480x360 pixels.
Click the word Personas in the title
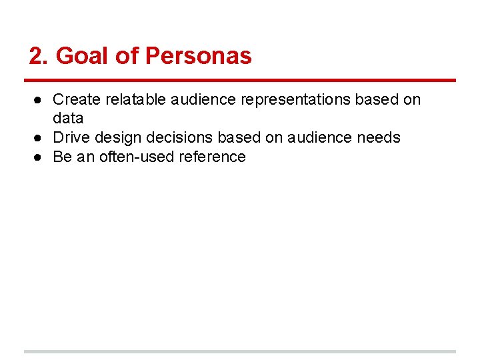point(198,56)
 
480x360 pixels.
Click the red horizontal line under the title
point(240,81)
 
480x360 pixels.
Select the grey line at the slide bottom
point(240,351)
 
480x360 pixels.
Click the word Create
point(76,99)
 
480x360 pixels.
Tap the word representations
point(295,99)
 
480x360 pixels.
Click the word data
point(68,119)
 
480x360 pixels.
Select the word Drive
point(71,137)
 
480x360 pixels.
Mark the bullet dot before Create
point(39,100)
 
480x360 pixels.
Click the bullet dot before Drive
point(39,138)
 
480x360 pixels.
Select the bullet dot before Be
point(39,157)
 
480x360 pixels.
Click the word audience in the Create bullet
point(203,99)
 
